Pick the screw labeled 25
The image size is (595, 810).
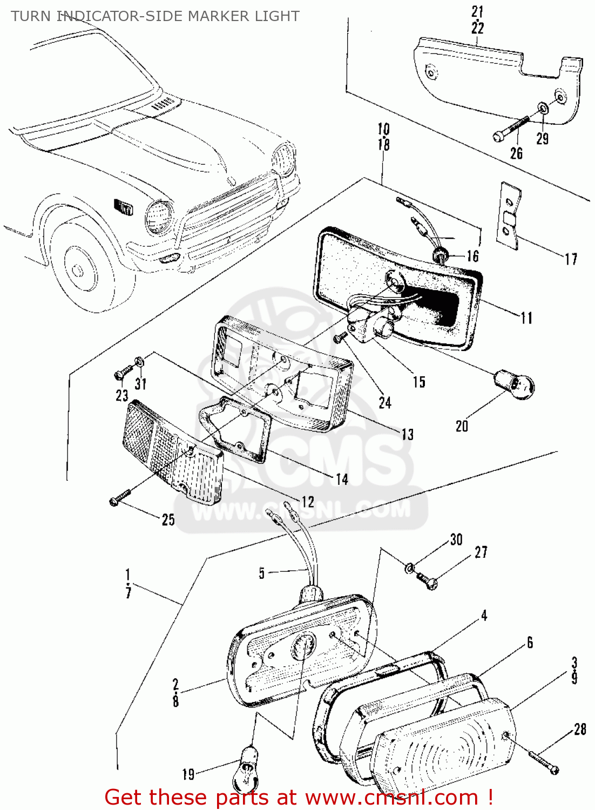coord(120,498)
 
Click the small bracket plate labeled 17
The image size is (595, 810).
coord(509,216)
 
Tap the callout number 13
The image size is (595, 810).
coord(407,434)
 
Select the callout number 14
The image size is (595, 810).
coord(342,479)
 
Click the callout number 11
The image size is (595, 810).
coord(526,318)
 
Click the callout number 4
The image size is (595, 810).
coord(484,616)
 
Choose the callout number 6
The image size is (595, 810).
coord(530,642)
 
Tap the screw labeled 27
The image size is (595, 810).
coord(428,581)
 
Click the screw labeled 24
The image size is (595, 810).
coord(340,337)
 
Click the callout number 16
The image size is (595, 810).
coord(473,256)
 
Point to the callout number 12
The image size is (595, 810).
coord(307,502)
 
